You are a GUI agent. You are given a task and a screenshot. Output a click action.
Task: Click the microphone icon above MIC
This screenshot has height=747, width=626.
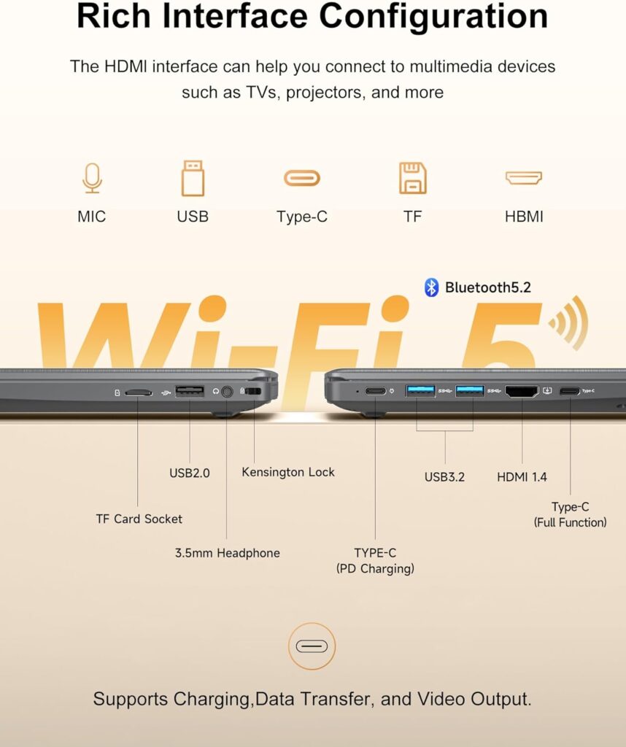(x=92, y=178)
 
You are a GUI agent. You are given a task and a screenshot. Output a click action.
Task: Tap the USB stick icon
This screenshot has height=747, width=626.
(x=193, y=178)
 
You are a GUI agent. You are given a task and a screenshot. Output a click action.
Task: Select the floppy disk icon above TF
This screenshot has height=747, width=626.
(x=412, y=178)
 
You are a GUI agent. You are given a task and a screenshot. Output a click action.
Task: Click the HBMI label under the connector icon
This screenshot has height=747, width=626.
(x=524, y=217)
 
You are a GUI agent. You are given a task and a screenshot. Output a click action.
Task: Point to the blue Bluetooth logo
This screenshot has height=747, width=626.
(x=431, y=287)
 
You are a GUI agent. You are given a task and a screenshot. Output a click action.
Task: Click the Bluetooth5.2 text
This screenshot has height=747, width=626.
(x=488, y=287)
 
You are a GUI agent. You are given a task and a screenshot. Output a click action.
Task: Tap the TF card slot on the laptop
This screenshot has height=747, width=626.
(x=138, y=392)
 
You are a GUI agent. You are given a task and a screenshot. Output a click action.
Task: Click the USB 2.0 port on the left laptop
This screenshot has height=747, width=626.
(x=190, y=392)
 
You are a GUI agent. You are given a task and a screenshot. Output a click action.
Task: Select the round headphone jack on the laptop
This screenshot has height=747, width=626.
(x=227, y=392)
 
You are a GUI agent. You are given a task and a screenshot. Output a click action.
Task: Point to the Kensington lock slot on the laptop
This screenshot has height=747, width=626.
(x=253, y=391)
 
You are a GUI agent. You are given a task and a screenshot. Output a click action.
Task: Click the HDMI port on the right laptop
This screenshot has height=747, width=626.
(x=522, y=392)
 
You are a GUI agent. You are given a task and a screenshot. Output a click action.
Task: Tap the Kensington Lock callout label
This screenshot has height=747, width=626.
(x=288, y=472)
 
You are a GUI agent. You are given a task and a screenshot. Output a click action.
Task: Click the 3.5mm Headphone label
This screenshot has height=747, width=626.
(x=227, y=553)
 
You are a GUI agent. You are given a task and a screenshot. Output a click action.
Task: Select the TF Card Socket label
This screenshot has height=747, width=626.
(x=139, y=519)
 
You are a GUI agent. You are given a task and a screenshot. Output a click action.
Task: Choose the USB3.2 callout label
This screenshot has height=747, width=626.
(x=444, y=477)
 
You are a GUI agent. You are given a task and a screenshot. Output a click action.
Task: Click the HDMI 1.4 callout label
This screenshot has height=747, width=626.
(x=522, y=477)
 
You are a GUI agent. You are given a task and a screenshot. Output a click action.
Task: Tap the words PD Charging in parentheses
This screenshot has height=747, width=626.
(x=375, y=569)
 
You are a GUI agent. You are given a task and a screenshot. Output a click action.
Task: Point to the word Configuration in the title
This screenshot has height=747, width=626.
(x=433, y=16)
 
